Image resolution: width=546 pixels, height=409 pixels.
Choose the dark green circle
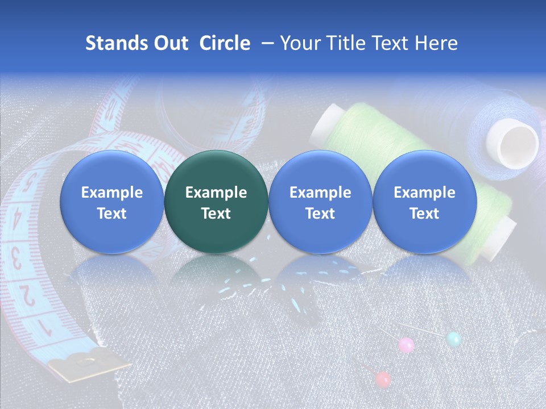(x=216, y=202)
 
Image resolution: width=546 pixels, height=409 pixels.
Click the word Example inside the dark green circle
(x=216, y=193)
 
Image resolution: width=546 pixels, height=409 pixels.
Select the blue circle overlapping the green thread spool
(x=424, y=202)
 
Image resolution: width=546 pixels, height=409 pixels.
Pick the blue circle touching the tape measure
(x=112, y=202)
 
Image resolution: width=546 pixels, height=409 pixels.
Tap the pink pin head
(x=406, y=344)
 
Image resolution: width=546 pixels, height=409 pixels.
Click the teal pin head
(x=453, y=339)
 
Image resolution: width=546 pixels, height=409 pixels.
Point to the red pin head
(x=383, y=379)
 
